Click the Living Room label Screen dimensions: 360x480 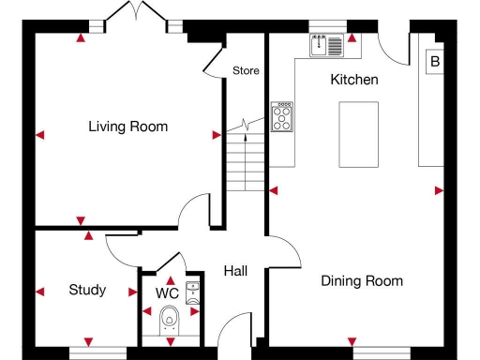(x=127, y=127)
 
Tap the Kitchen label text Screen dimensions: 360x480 (x=354, y=80)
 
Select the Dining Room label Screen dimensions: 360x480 (x=362, y=280)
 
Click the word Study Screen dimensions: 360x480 (x=87, y=290)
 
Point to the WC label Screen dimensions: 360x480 (x=167, y=293)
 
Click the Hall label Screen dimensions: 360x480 (x=235, y=271)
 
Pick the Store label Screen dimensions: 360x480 (x=246, y=70)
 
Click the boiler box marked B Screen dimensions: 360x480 (x=434, y=63)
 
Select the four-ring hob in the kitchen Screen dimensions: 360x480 (x=281, y=116)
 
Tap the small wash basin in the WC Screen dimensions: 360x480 (x=193, y=291)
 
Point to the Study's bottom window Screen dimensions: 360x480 (x=97, y=352)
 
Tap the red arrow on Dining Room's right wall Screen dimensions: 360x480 (x=439, y=191)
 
